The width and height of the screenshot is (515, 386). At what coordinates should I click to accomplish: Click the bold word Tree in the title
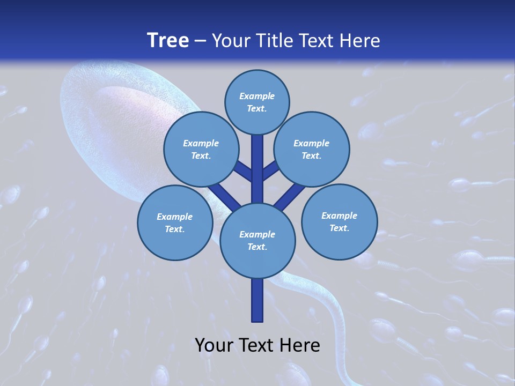pyautogui.click(x=168, y=41)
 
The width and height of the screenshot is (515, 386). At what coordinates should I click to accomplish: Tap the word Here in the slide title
pyautogui.click(x=360, y=41)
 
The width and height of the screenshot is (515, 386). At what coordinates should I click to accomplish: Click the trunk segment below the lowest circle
pyautogui.click(x=257, y=300)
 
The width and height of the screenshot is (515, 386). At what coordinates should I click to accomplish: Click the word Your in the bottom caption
pyautogui.click(x=213, y=345)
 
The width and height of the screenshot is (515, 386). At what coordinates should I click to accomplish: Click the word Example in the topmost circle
pyautogui.click(x=257, y=96)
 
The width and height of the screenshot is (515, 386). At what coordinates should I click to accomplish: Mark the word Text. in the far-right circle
pyautogui.click(x=339, y=228)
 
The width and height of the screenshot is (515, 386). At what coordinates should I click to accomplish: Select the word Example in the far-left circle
pyautogui.click(x=174, y=217)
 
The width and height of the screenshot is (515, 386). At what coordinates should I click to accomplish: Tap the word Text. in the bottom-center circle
pyautogui.click(x=257, y=247)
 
